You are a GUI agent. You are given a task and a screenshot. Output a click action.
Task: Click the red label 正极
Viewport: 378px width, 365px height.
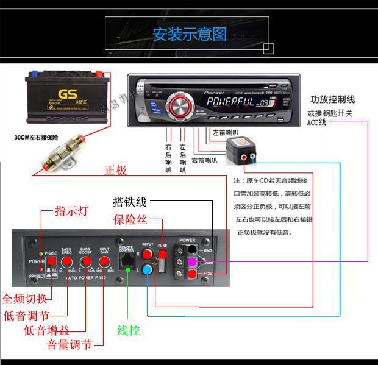pos(116,171)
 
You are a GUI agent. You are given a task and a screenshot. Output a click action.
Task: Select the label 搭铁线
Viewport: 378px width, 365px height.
pos(130,202)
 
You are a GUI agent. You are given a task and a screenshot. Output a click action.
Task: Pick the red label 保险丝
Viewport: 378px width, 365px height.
pos(130,219)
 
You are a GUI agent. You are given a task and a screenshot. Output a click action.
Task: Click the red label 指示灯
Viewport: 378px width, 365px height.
pos(71,211)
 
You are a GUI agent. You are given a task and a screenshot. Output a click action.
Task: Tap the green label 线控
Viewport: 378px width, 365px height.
pos(128,331)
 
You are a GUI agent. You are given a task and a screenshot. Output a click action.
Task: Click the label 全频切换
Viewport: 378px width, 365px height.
pos(24,299)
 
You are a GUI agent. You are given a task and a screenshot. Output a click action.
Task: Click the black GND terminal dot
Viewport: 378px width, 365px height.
pos(192,249)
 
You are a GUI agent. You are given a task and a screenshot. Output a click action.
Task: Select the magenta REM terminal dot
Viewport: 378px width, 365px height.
pos(192,261)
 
